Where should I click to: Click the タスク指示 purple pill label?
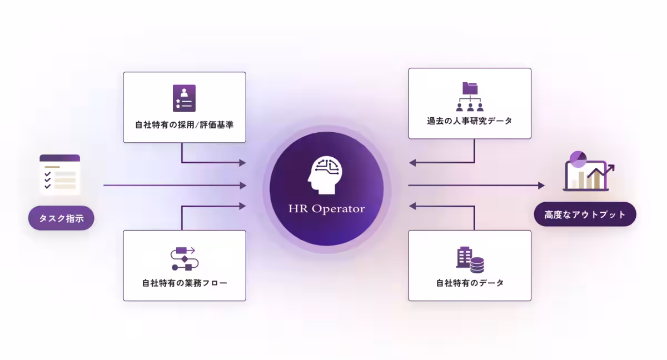(x=61, y=218)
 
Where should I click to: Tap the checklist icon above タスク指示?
(x=60, y=174)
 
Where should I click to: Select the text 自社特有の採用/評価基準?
(x=184, y=125)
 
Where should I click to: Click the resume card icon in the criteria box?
(x=184, y=98)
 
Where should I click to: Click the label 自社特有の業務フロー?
(x=184, y=283)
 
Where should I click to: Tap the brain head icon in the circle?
(x=326, y=175)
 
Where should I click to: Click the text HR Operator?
(x=326, y=209)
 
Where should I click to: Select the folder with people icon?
(x=470, y=97)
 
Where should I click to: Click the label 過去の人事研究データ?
(x=470, y=121)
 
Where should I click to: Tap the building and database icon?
(x=470, y=259)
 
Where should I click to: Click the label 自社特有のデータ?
(x=470, y=283)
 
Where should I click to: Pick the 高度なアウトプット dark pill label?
(x=585, y=214)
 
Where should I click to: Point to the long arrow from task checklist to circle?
(x=172, y=185)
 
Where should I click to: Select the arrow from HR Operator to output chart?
(x=475, y=185)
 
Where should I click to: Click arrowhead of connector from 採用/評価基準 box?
(x=242, y=163)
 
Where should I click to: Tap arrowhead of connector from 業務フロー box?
(x=242, y=206)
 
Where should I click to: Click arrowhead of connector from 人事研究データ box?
(x=412, y=163)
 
